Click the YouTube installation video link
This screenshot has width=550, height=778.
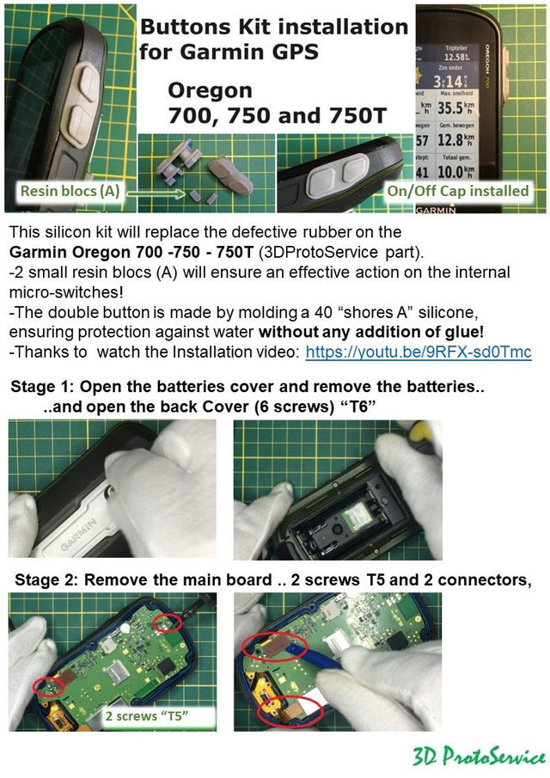click(x=419, y=352)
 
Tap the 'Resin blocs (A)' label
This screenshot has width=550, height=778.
click(x=70, y=191)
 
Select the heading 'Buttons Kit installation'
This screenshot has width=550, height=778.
click(x=273, y=27)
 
